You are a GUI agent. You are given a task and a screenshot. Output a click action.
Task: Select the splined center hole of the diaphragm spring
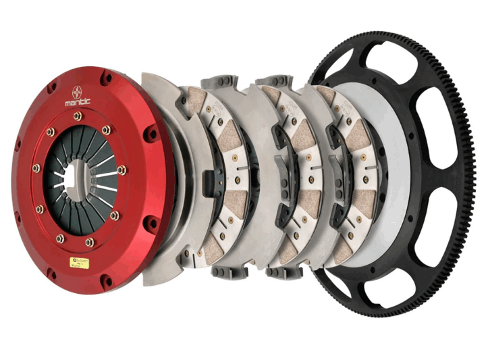(x=76, y=180)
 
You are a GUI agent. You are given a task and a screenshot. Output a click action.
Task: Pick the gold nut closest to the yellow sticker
(x=89, y=241)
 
